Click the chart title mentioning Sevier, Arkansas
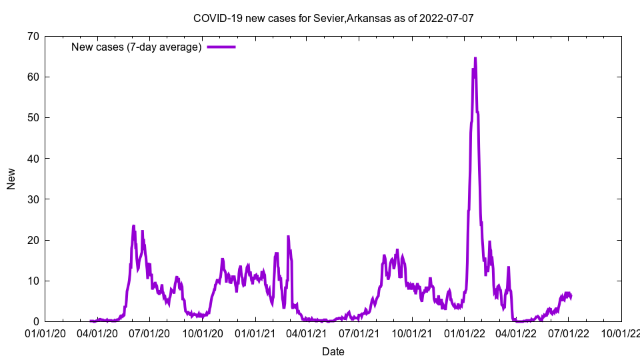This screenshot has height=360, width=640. (333, 18)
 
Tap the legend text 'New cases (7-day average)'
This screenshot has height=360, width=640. (136, 47)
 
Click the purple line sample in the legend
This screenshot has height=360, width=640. (221, 47)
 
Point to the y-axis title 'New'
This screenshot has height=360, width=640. (11, 179)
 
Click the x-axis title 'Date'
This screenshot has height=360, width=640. (333, 351)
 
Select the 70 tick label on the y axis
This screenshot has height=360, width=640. (32, 36)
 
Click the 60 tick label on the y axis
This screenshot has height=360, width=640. (32, 77)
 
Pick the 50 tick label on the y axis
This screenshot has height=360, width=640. (32, 117)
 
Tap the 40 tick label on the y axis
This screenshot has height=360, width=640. (32, 158)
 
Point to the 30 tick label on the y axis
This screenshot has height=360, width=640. (32, 199)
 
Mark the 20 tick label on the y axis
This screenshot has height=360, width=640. (32, 240)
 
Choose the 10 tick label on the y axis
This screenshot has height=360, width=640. (32, 281)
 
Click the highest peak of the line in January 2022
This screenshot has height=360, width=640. (475, 58)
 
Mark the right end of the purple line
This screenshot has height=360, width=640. (571, 296)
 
